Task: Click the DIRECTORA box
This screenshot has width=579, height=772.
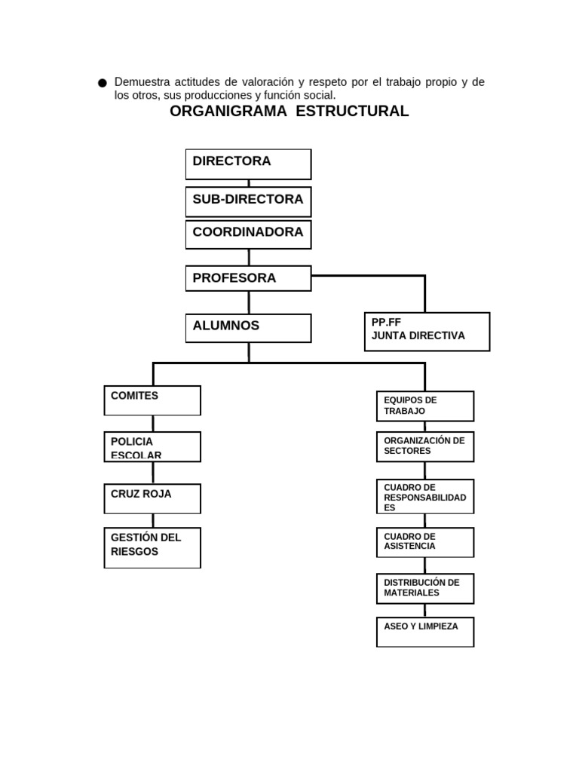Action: click(248, 164)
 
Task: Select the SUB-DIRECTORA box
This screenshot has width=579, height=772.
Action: click(248, 201)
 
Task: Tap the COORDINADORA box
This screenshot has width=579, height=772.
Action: click(248, 234)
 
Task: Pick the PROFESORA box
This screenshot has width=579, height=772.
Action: click(248, 278)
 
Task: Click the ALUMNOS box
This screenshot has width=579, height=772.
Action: click(248, 328)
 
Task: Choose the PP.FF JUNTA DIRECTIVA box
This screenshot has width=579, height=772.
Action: click(427, 332)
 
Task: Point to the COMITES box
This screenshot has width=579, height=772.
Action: click(152, 400)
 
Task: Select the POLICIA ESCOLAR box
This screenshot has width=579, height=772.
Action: click(152, 446)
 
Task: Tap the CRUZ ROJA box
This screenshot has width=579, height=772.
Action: click(152, 498)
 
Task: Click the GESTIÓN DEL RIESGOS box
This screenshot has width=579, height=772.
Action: click(152, 547)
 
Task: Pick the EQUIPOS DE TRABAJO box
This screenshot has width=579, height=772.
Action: click(425, 406)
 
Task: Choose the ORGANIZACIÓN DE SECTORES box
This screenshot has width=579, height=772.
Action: click(425, 446)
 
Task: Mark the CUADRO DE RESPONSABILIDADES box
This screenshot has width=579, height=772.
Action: click(425, 497)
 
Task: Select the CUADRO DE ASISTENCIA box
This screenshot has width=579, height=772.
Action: click(425, 542)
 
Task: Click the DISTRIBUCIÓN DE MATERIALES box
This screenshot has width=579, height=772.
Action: click(425, 588)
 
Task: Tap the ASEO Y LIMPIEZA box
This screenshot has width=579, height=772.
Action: click(425, 632)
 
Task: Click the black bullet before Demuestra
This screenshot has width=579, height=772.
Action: click(103, 83)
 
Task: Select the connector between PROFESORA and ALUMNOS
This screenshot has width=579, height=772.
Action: click(249, 302)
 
